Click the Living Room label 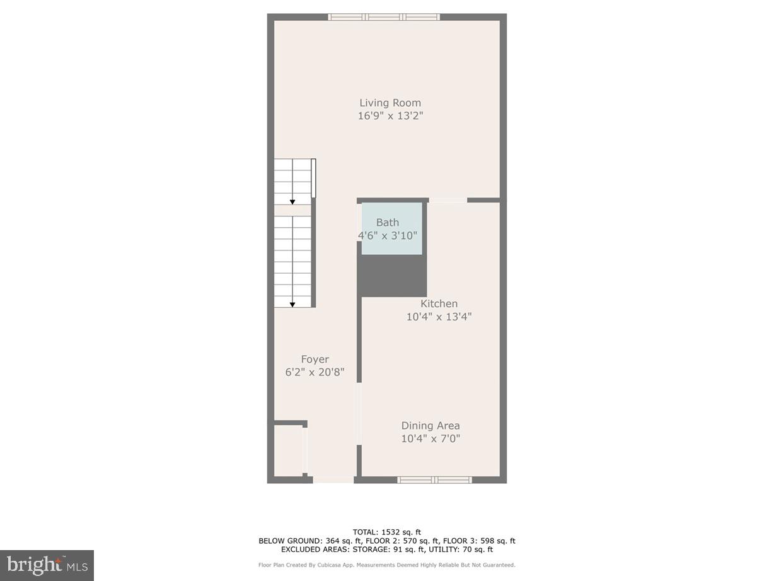click(x=390, y=103)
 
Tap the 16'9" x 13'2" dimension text click(x=390, y=116)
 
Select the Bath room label click(x=388, y=222)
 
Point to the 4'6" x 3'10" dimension click(x=388, y=235)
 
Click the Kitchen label click(x=439, y=303)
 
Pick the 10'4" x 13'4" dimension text click(x=439, y=317)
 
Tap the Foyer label click(x=315, y=360)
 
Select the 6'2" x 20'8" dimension click(x=315, y=373)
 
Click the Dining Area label click(x=430, y=426)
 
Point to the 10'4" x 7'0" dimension click(x=430, y=439)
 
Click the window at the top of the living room click(x=384, y=17)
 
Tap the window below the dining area click(x=434, y=480)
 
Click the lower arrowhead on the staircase click(x=293, y=305)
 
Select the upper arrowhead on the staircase click(x=292, y=202)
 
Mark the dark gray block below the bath click(x=392, y=276)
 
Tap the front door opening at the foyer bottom click(x=333, y=480)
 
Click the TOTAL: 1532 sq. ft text click(x=387, y=531)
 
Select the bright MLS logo click(x=47, y=565)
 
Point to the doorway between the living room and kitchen click(x=448, y=201)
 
